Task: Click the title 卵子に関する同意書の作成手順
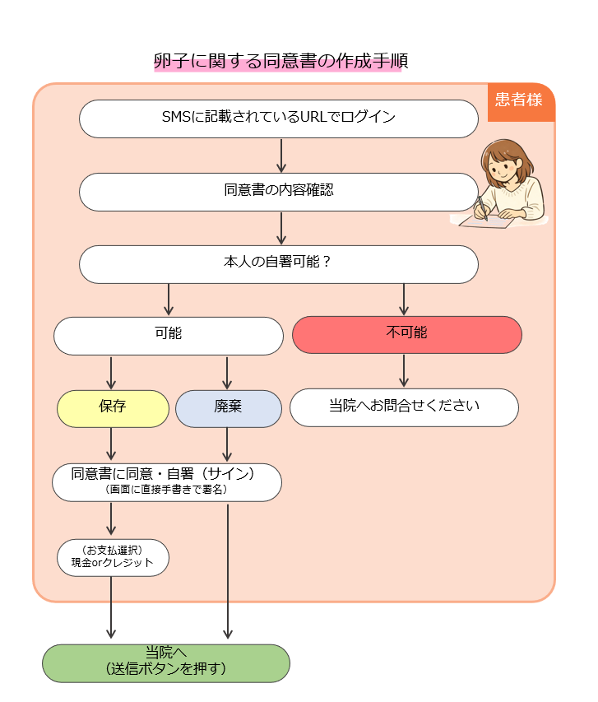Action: pyautogui.click(x=278, y=62)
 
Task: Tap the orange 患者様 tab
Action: pyautogui.click(x=519, y=100)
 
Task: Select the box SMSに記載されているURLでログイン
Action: pyautogui.click(x=278, y=118)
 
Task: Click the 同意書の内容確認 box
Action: pyautogui.click(x=278, y=191)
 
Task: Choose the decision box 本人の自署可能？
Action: pyautogui.click(x=278, y=263)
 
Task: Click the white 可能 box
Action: pyautogui.click(x=168, y=335)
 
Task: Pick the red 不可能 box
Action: pyautogui.click(x=406, y=335)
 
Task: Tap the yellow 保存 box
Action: pyautogui.click(x=112, y=408)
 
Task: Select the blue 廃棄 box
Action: pyautogui.click(x=228, y=408)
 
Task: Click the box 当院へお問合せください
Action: pyautogui.click(x=404, y=407)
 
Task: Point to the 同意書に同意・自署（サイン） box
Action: pyautogui.click(x=166, y=481)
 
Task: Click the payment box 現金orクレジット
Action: pyautogui.click(x=113, y=557)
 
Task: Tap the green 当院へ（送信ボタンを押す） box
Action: pyautogui.click(x=166, y=662)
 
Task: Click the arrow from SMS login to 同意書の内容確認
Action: pyautogui.click(x=281, y=155)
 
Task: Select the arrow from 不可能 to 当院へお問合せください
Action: pyautogui.click(x=404, y=371)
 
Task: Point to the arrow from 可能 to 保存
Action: pyautogui.click(x=111, y=372)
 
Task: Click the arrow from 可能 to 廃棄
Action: pyautogui.click(x=227, y=372)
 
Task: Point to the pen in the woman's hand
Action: pyautogui.click(x=481, y=208)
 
